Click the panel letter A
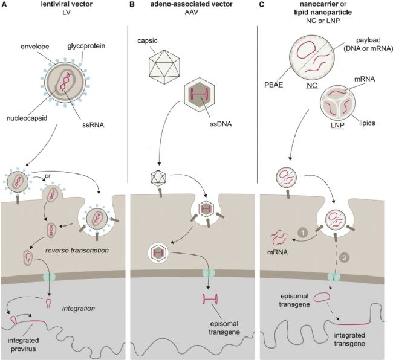[x=4, y=5]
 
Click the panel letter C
[x=263, y=5]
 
